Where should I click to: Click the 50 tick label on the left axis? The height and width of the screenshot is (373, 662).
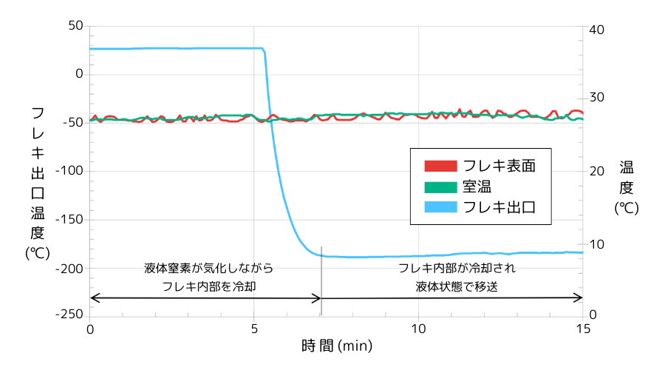[75, 25]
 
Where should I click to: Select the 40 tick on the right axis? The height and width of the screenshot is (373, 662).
[597, 29]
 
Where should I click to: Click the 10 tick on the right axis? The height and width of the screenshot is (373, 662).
[597, 244]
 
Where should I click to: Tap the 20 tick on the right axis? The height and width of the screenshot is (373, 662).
[597, 171]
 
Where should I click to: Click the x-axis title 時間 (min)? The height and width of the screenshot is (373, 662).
[337, 345]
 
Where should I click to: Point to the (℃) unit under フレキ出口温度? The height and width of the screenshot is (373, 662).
[37, 252]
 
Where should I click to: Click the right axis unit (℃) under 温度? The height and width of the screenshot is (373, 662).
[626, 209]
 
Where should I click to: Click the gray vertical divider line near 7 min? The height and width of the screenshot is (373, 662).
[321, 274]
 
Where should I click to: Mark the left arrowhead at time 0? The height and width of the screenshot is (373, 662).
[93, 298]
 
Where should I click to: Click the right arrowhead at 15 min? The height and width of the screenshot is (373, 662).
[580, 298]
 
